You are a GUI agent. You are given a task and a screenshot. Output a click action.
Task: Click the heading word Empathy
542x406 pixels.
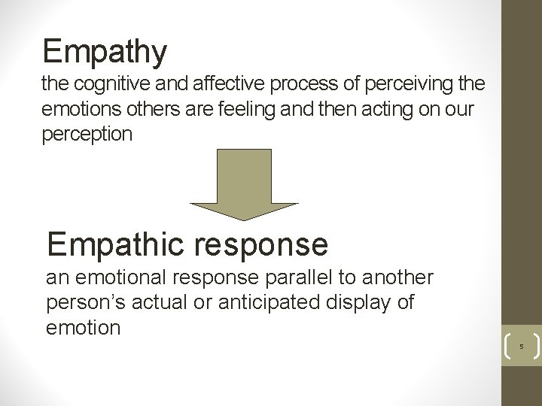[x=105, y=52]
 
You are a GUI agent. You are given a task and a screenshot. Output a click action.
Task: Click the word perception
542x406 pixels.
[x=87, y=135]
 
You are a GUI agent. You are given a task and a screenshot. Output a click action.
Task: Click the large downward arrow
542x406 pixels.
[x=243, y=184]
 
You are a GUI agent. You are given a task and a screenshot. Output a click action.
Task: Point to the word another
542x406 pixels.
[x=397, y=278]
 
